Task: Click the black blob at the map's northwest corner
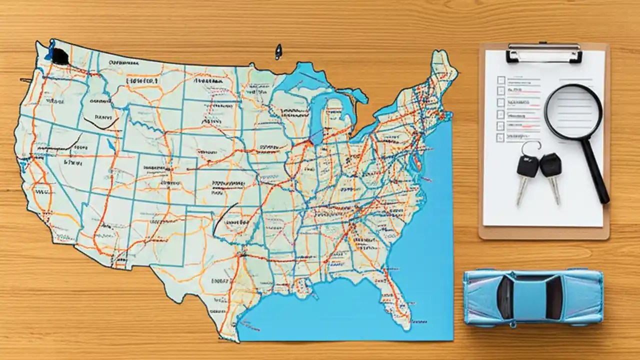60,56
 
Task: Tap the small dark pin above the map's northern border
278,51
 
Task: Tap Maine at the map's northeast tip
443,65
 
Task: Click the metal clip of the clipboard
544,52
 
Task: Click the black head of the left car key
527,166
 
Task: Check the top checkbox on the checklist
501,80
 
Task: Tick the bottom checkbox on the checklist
500,137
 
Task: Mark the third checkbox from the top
500,103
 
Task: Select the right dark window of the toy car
554,298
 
